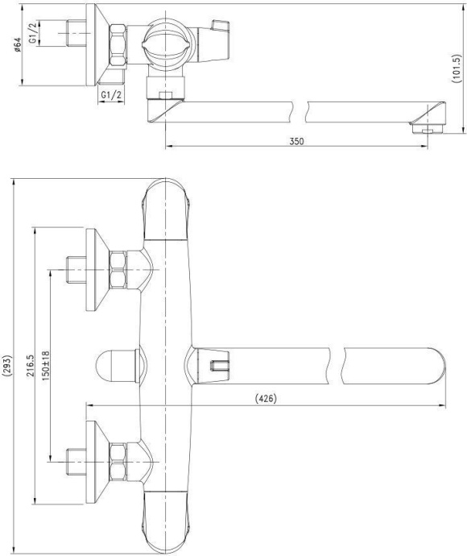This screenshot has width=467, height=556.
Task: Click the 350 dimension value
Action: [296, 141]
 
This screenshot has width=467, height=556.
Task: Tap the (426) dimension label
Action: [266, 399]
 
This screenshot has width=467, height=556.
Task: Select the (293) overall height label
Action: [6, 365]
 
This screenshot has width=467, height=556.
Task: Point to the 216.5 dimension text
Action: [30, 365]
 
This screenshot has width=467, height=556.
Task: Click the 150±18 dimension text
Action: [45, 366]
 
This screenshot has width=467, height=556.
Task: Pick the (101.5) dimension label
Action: [457, 68]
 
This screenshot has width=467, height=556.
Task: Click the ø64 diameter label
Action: [18, 44]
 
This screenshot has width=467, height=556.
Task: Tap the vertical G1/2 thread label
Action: [32, 33]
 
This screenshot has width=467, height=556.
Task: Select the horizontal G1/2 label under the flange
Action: [111, 94]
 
